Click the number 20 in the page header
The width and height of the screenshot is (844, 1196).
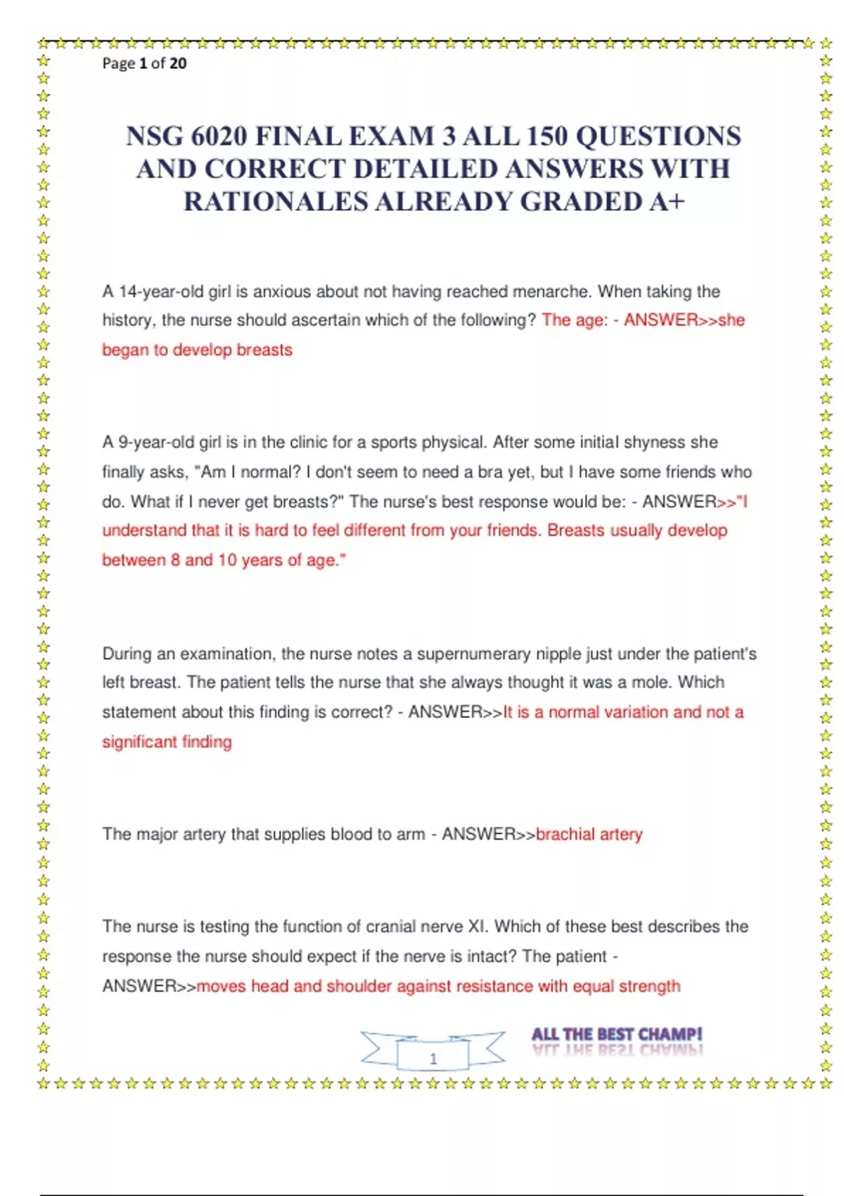click(x=178, y=63)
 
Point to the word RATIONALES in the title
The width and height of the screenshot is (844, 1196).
click(x=275, y=202)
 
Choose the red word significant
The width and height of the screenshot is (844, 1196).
click(x=139, y=742)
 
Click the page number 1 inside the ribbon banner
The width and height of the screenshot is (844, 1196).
click(x=433, y=1058)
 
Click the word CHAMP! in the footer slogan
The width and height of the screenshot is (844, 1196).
click(x=670, y=1034)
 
